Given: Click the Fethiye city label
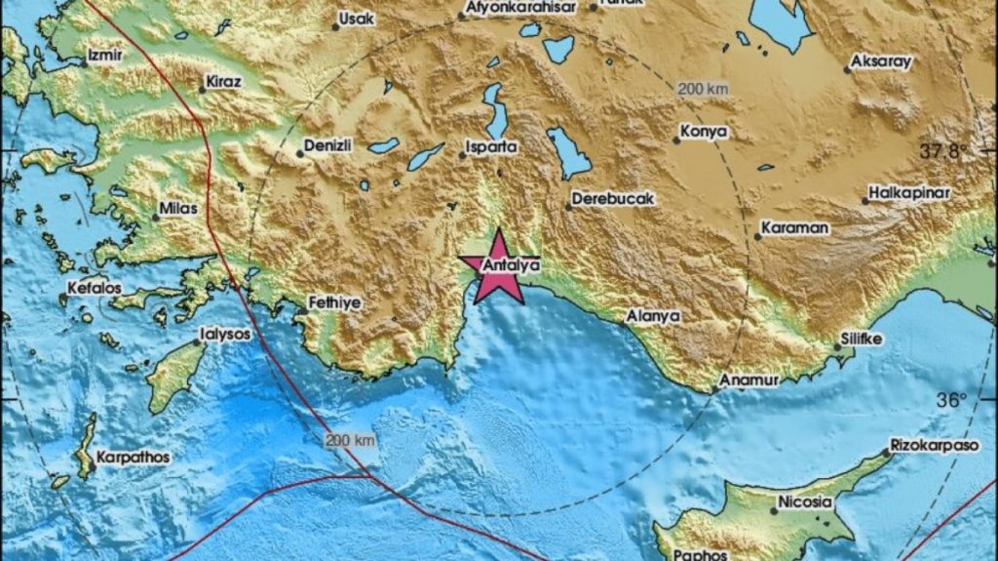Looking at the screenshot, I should pyautogui.click(x=334, y=302).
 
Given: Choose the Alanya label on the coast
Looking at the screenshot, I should pyautogui.click(x=653, y=316).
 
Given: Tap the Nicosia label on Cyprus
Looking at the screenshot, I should pyautogui.click(x=806, y=502).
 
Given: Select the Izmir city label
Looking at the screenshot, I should pyautogui.click(x=104, y=56).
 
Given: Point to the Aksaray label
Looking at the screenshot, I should pyautogui.click(x=881, y=61).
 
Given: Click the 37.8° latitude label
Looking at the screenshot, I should pyautogui.click(x=943, y=151).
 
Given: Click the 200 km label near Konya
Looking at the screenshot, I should pyautogui.click(x=703, y=89).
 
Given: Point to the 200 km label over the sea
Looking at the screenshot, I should pyautogui.click(x=350, y=441).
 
